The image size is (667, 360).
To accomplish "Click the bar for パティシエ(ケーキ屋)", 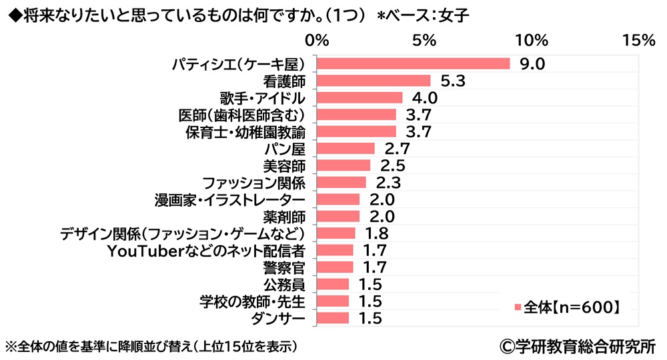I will click(413, 64).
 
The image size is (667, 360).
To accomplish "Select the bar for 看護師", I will click(373, 81).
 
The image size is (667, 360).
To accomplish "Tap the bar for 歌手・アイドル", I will click(359, 98).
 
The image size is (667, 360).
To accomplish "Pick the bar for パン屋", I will click(345, 149).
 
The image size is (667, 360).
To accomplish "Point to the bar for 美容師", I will click(343, 165).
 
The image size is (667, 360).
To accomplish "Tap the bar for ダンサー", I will click(332, 318).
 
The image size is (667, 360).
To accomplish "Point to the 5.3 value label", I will click(451, 81).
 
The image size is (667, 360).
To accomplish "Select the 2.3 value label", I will click(387, 183).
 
